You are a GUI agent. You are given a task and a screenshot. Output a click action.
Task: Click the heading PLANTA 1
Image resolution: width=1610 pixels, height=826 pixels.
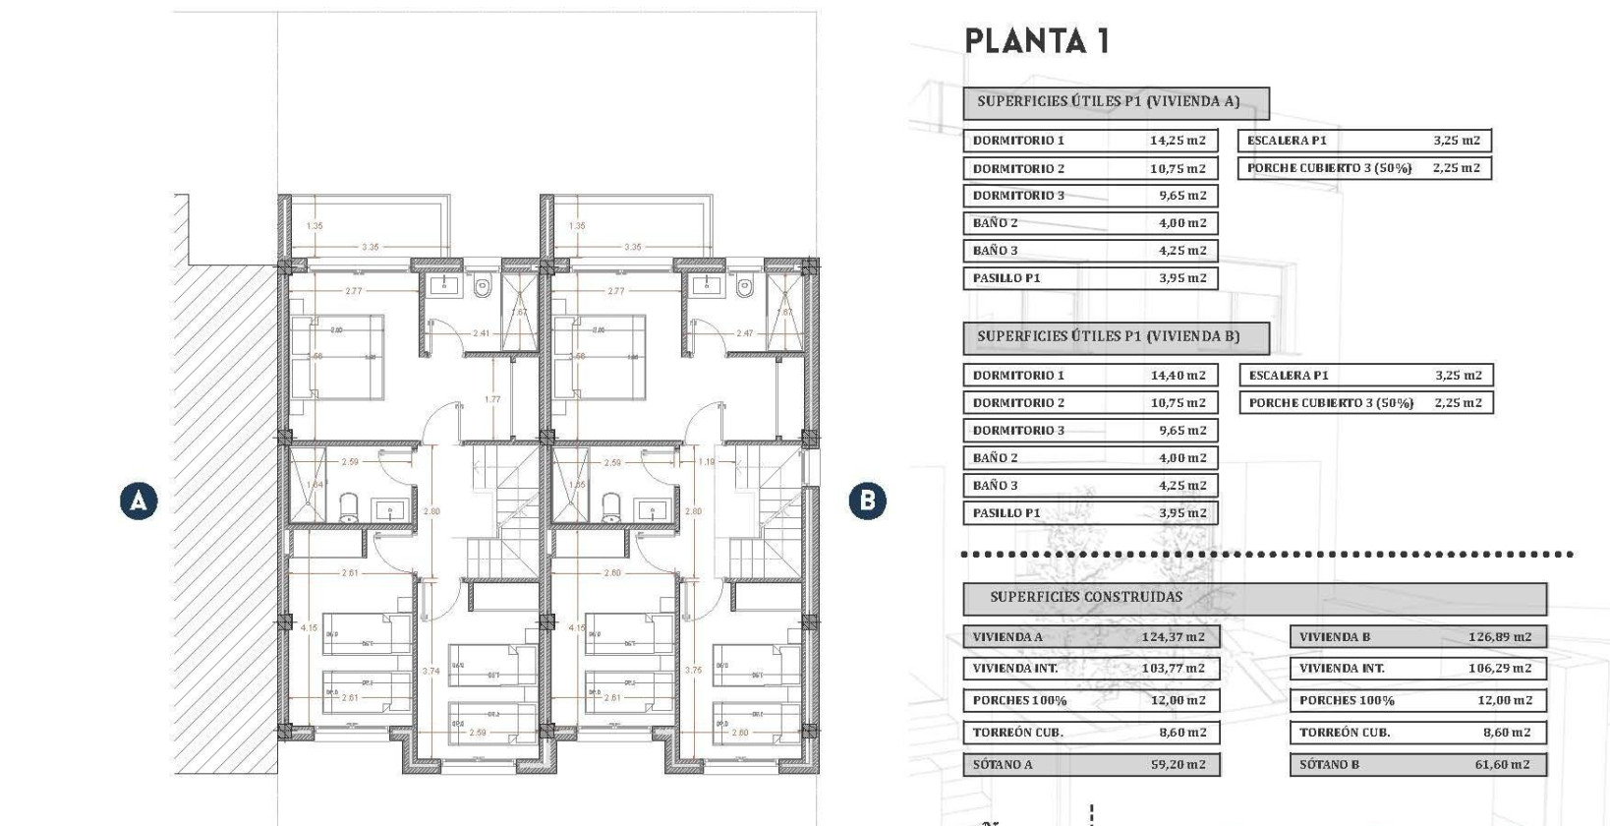(1036, 41)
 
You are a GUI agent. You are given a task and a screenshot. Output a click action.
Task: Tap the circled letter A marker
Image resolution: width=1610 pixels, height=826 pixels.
(139, 501)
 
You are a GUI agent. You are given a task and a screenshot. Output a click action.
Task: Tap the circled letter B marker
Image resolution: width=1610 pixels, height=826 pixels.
(867, 501)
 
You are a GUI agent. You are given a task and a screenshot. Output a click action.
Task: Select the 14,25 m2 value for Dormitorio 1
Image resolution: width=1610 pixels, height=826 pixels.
(1178, 141)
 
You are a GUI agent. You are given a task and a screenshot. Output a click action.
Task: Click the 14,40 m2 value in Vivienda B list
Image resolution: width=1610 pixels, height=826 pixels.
(1178, 376)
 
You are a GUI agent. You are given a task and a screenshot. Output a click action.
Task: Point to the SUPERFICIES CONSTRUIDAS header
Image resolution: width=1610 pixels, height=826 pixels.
(1085, 597)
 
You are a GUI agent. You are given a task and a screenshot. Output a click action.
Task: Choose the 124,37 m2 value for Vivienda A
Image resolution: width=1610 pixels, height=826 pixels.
(1173, 637)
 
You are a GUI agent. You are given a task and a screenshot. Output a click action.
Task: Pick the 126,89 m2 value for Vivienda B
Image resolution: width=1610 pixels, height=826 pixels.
(1499, 637)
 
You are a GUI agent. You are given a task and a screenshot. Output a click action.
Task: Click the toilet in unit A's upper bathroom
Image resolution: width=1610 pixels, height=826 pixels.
(482, 287)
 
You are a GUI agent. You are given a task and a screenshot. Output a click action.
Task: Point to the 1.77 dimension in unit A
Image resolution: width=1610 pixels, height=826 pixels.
(492, 399)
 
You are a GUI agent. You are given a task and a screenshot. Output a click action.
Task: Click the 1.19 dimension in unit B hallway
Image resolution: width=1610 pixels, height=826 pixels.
(706, 461)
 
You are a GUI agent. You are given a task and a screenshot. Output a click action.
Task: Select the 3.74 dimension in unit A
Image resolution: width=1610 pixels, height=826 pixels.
(431, 671)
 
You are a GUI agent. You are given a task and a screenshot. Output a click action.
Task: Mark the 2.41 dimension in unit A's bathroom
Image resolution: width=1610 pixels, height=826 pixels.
(481, 333)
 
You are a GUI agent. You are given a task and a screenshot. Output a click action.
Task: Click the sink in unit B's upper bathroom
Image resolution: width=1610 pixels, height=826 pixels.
(705, 285)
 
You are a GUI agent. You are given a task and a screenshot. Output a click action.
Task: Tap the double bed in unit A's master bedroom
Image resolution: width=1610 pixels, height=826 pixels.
(338, 356)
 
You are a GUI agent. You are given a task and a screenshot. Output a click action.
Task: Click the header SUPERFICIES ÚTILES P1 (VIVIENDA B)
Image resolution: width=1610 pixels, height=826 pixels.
(1108, 336)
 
